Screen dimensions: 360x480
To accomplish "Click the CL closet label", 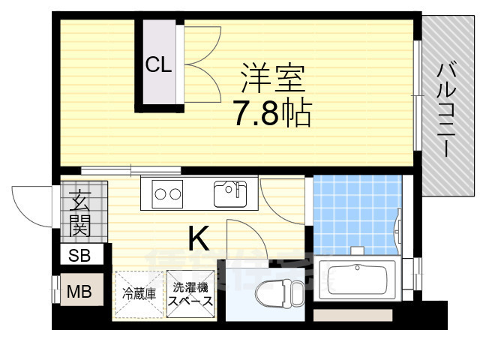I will click(158, 65).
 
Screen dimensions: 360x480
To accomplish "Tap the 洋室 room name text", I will click(273, 78).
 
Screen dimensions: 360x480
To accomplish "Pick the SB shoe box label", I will click(79, 255).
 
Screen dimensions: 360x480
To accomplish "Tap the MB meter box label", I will click(79, 291).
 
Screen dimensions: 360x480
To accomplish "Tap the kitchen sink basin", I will click(229, 193).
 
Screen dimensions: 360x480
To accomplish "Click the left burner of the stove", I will click(161, 194).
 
